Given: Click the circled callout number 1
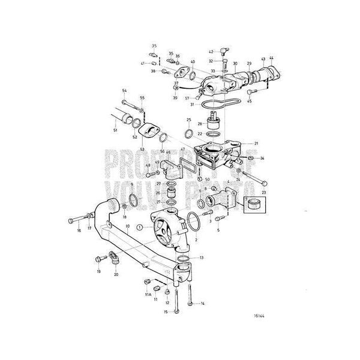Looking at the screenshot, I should pyautogui.click(x=139, y=227).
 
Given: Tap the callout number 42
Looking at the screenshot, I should pyautogui.click(x=211, y=53).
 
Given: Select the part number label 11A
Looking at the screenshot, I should pyautogui.click(x=148, y=295).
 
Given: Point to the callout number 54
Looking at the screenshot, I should pyautogui.click(x=125, y=91).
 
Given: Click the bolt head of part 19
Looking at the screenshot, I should pyautogui.click(x=97, y=259).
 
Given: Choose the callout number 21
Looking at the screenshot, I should pyautogui.click(x=256, y=143).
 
